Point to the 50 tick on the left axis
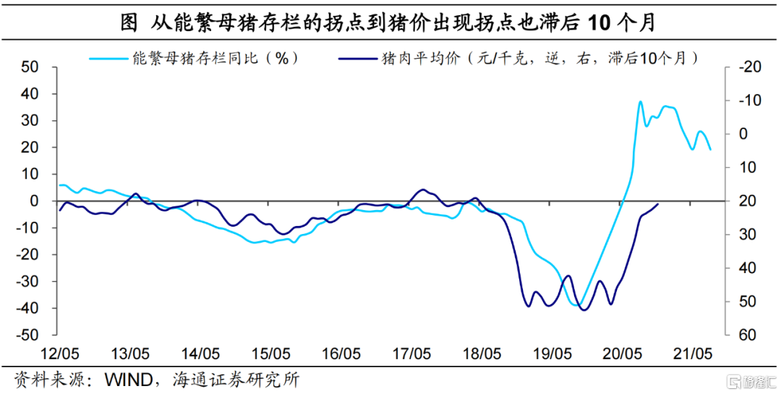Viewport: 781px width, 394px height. point(30,67)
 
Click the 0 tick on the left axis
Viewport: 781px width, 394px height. point(34,201)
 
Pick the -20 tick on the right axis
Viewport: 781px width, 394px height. point(748,67)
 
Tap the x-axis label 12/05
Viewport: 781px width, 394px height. point(59,354)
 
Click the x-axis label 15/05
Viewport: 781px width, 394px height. point(270,354)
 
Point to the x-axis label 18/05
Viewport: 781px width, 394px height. point(482,354)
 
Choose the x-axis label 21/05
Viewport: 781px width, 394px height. point(693,354)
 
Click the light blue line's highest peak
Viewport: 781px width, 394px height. point(640,102)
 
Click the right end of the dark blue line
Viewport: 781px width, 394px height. point(658,204)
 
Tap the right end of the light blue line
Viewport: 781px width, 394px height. point(710,149)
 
